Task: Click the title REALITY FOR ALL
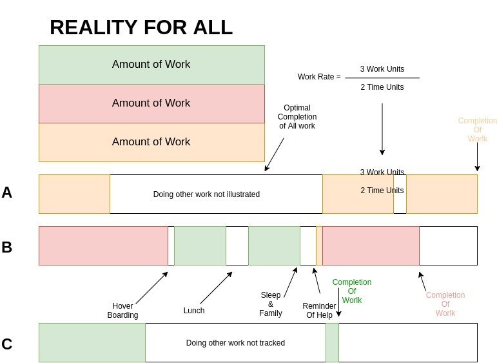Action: (141, 28)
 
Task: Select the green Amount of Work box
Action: (151, 65)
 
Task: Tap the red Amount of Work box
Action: (151, 103)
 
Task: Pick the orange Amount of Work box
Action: (151, 142)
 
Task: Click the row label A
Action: (7, 192)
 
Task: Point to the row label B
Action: (7, 247)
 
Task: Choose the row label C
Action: (7, 344)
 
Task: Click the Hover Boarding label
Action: (122, 311)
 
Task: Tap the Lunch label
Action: (194, 311)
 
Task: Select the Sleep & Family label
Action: (271, 304)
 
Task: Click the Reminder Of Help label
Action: (319, 311)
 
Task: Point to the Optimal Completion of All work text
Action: (297, 117)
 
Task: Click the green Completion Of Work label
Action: (352, 291)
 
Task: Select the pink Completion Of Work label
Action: (445, 304)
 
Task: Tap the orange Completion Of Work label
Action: (478, 130)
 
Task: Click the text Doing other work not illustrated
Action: (206, 194)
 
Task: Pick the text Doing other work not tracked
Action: (235, 343)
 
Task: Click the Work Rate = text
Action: (319, 77)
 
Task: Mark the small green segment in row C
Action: (332, 343)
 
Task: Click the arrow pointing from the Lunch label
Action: (216, 287)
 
